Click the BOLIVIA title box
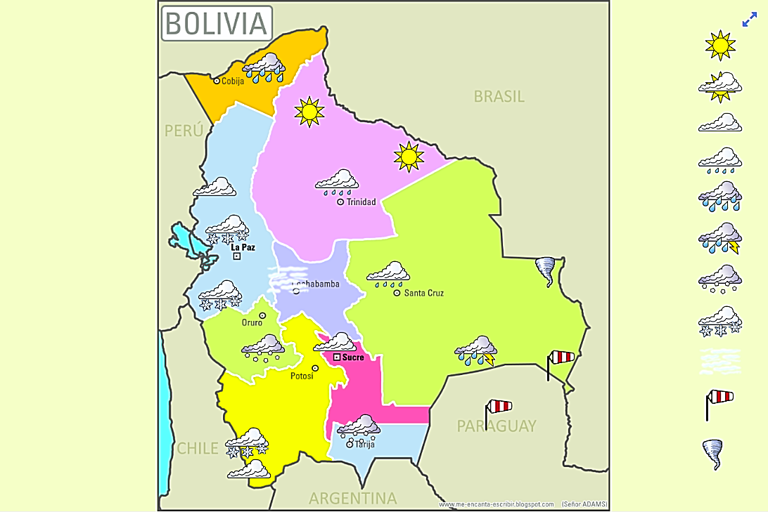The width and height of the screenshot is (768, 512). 217,23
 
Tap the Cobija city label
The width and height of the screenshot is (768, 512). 232,81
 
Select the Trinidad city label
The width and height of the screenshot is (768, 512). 361,202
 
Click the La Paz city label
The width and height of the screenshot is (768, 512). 243,247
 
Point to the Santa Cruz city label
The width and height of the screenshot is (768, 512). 423,293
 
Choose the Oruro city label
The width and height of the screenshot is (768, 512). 252,323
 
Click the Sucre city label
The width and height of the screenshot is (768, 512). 353,357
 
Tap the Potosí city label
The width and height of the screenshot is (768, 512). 302,376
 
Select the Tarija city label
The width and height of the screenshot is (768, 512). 364,445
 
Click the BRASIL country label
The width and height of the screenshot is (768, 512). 499,96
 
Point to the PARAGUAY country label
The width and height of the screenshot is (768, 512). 497,426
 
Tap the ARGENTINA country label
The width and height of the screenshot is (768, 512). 352,499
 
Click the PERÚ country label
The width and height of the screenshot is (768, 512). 184,131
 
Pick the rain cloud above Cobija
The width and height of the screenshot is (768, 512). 264,67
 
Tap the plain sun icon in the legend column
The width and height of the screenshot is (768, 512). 720,46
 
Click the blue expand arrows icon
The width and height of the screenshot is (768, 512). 749,20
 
